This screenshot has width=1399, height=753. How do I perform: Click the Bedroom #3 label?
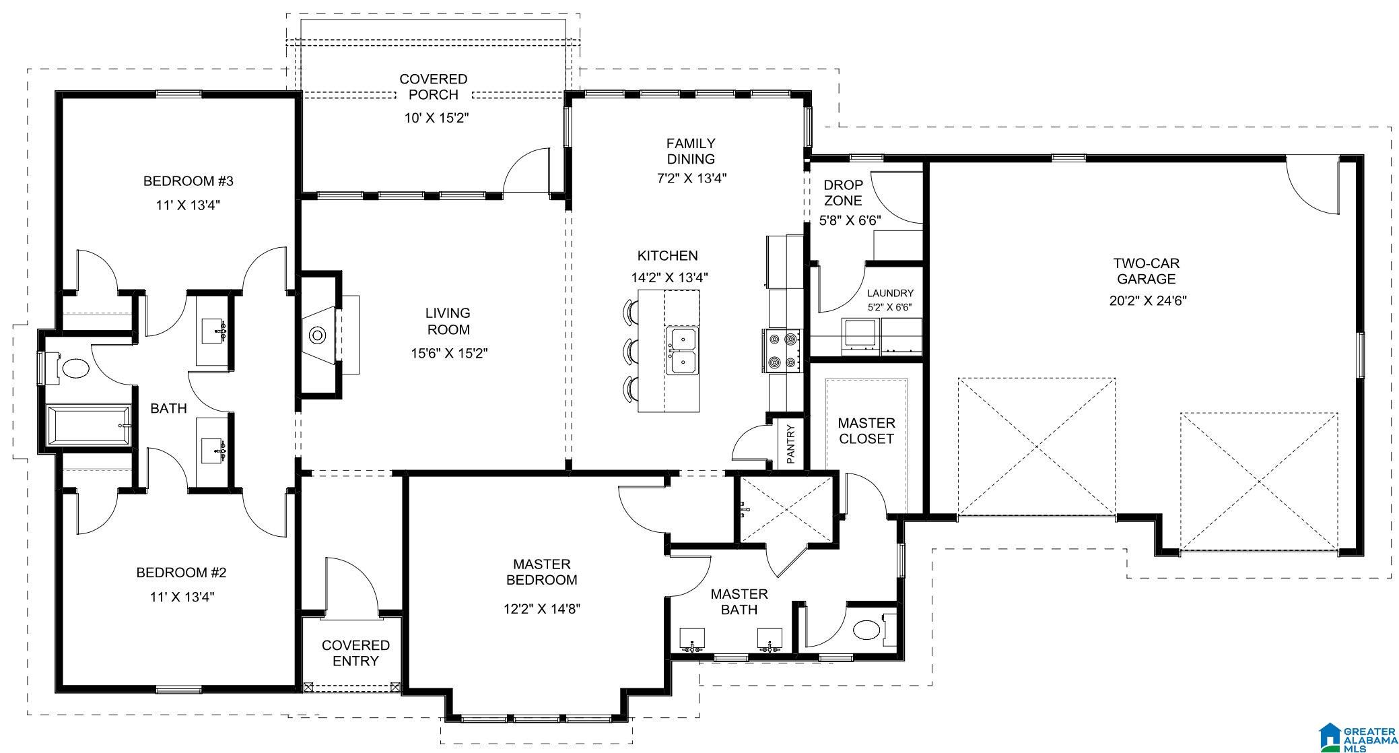(x=189, y=181)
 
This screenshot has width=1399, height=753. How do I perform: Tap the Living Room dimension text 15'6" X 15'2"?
(x=449, y=353)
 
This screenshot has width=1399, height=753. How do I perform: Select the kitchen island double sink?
(x=683, y=350)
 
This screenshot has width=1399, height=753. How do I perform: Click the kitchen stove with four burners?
(x=782, y=351)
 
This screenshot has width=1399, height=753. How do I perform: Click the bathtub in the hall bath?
(x=88, y=424)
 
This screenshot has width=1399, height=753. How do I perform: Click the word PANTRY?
(x=791, y=444)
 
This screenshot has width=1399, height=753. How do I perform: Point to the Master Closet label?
(x=866, y=431)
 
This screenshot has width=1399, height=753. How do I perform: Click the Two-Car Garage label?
(x=1147, y=271)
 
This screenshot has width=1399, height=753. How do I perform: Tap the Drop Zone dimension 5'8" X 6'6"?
(x=850, y=220)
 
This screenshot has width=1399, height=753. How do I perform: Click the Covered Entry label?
(x=355, y=653)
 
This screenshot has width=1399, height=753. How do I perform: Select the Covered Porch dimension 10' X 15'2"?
(x=436, y=118)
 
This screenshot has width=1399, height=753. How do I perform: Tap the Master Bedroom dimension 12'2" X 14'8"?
(x=542, y=609)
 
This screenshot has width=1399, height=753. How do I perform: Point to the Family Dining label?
(x=691, y=151)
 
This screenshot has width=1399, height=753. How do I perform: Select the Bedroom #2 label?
(x=182, y=572)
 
